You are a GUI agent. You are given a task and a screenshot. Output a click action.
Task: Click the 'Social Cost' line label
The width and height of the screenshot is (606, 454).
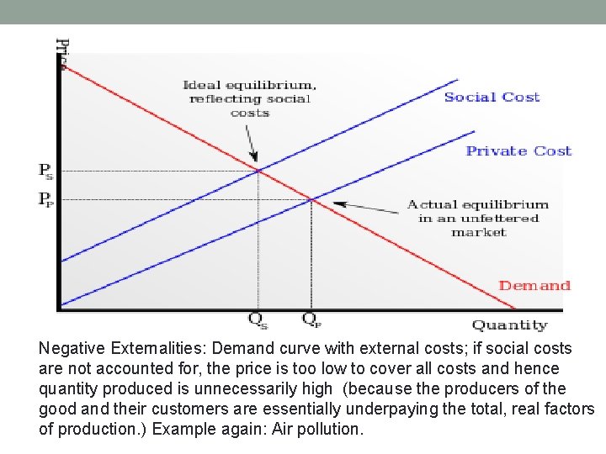point(492,98)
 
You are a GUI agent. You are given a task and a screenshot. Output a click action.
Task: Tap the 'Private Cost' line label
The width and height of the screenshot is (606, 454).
point(518,151)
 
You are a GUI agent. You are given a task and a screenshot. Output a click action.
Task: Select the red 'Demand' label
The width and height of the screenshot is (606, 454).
point(534,286)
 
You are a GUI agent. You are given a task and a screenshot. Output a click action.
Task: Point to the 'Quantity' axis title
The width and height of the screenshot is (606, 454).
point(509,325)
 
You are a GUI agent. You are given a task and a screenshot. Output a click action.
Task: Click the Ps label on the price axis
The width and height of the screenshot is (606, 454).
point(46,172)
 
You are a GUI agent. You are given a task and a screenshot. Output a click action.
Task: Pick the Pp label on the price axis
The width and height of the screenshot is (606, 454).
point(46,199)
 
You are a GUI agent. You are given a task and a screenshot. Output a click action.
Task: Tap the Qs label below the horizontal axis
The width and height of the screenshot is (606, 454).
point(258,319)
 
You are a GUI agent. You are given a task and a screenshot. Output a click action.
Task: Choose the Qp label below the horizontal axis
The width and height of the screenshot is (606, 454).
point(311,319)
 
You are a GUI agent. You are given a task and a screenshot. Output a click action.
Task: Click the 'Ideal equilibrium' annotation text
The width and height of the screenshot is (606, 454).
point(250,98)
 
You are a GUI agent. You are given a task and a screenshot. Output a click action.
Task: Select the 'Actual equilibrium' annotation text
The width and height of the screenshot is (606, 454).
point(478,218)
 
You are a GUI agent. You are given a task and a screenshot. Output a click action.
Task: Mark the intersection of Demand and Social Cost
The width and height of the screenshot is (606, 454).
point(258,171)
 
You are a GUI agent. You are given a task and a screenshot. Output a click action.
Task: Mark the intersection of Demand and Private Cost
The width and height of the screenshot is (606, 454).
point(312,199)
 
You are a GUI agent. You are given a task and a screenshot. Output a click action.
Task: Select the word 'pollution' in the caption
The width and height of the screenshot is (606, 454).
point(329,430)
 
